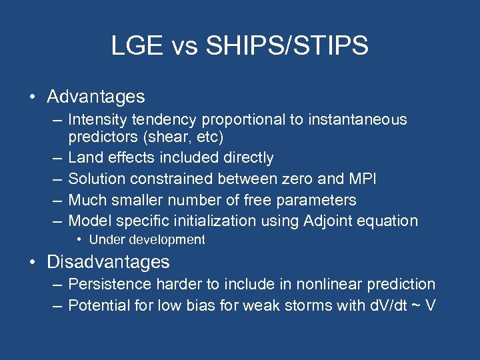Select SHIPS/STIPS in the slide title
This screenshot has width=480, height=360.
pos(287,46)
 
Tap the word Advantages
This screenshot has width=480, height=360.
pos(95,97)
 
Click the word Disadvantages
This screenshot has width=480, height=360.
pos(108,261)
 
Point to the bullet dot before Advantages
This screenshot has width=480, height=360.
pos(33,97)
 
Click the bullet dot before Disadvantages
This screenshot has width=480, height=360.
pos(33,262)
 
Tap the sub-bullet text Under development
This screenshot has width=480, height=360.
pos(147,240)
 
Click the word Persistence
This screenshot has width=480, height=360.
pos(110,284)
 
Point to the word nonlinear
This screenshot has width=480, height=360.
pos(320,284)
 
